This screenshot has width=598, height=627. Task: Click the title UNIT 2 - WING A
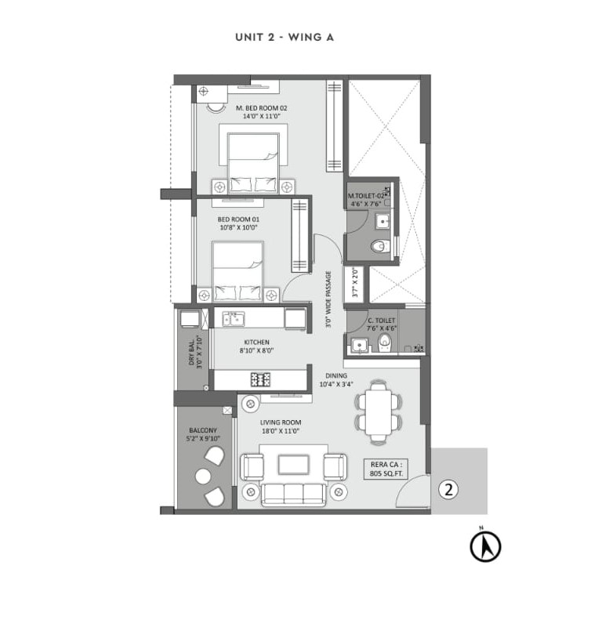pos(285,38)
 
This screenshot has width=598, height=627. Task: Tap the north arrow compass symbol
pos(485,546)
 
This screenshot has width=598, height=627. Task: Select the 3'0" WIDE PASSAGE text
pos(329,299)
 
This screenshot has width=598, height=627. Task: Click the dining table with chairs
pos(379,411)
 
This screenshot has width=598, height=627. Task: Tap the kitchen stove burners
pos(260,379)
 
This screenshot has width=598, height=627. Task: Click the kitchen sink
pos(233,318)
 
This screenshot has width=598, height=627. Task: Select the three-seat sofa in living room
pos(293,493)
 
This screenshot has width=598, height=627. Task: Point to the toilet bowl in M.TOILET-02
pos(380,247)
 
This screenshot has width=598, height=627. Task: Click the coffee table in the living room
pos(293,466)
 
